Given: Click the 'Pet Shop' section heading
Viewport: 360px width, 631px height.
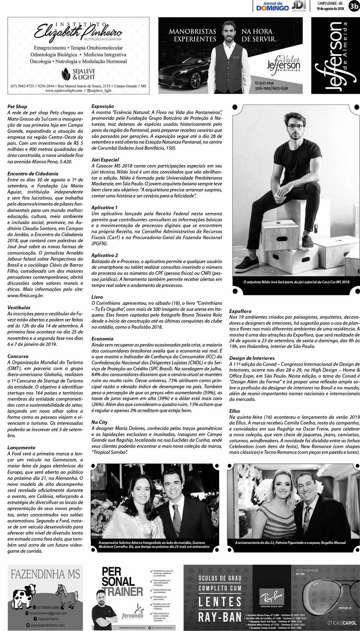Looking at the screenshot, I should (17, 107).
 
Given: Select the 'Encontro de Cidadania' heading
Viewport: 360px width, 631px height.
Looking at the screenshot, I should (33, 174).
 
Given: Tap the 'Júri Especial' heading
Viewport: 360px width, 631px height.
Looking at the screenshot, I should (105, 160).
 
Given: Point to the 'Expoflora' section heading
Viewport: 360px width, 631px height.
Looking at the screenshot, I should (240, 311).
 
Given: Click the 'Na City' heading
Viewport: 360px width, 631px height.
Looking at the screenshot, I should (99, 422).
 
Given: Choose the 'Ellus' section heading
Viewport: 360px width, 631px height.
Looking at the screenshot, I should (235, 411).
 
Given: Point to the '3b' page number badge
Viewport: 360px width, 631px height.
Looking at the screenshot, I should (353, 6).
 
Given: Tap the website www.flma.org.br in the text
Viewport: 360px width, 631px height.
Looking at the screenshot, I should (26, 296).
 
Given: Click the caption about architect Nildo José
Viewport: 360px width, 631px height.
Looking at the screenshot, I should (296, 282).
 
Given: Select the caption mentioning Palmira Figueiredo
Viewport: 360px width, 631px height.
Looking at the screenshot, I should (290, 543).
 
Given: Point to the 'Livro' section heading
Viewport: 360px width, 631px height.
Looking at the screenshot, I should (97, 297).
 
